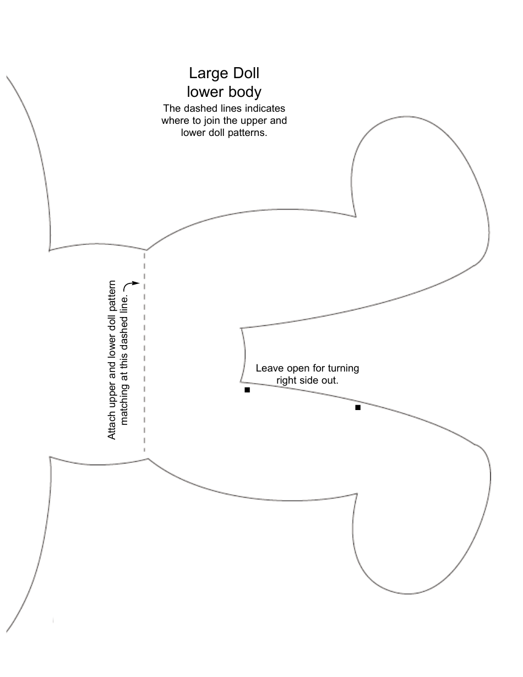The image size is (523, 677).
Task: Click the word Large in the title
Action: (x=205, y=73)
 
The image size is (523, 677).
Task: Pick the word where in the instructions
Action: (x=175, y=121)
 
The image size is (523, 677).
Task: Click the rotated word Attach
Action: (x=112, y=424)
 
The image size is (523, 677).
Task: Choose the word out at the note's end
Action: (x=330, y=380)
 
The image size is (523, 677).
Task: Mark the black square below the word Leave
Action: (x=247, y=390)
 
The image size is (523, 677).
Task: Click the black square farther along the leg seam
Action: (x=358, y=407)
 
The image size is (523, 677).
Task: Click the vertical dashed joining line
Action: (x=145, y=352)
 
